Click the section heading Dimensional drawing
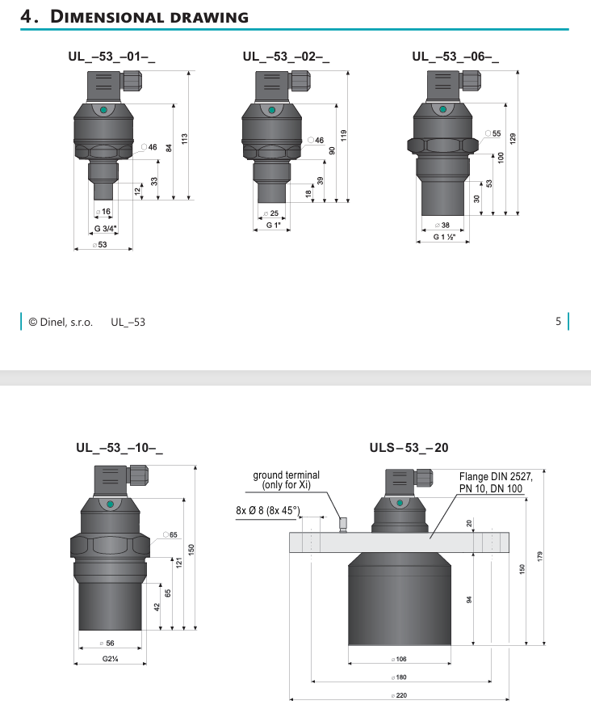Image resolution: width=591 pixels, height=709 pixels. [x=135, y=17]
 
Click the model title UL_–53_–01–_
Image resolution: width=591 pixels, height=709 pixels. [x=111, y=57]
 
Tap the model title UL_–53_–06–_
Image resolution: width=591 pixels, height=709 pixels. [x=455, y=57]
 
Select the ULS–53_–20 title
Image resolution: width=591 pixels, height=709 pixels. [x=409, y=448]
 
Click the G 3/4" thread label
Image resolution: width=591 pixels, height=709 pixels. [x=105, y=228]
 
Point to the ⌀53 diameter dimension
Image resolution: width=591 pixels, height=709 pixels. [x=100, y=245]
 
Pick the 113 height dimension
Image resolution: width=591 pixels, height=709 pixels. [x=184, y=139]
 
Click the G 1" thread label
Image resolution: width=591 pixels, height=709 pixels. [x=273, y=225]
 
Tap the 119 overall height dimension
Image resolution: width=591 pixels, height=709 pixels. [x=344, y=136]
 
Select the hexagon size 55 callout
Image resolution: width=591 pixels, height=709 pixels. [x=493, y=133]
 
